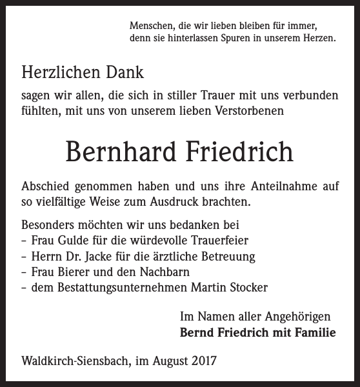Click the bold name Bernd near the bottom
(x=197, y=333)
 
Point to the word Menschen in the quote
(x=150, y=26)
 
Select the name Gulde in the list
(x=72, y=240)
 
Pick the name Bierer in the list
(x=74, y=272)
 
